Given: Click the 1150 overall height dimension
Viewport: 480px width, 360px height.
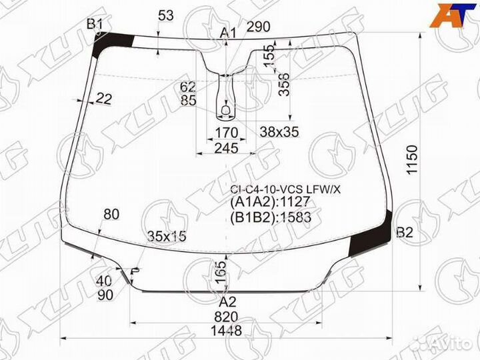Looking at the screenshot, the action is click(x=413, y=159).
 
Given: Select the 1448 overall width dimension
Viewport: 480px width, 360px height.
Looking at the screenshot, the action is click(x=226, y=331).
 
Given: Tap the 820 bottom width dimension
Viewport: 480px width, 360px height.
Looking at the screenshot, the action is click(x=226, y=317).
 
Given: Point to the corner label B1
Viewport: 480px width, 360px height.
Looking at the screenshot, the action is click(x=95, y=24).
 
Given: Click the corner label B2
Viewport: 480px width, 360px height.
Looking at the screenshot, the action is click(x=405, y=233).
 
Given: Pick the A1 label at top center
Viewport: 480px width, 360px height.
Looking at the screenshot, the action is click(x=229, y=33).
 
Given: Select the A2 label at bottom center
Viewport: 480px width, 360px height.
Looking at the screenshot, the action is click(x=228, y=302).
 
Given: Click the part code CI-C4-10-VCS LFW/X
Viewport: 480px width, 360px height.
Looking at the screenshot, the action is click(x=285, y=190).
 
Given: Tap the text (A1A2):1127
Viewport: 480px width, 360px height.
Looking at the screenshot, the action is click(x=270, y=202).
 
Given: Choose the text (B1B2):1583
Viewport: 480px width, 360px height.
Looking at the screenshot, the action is click(x=271, y=217).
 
